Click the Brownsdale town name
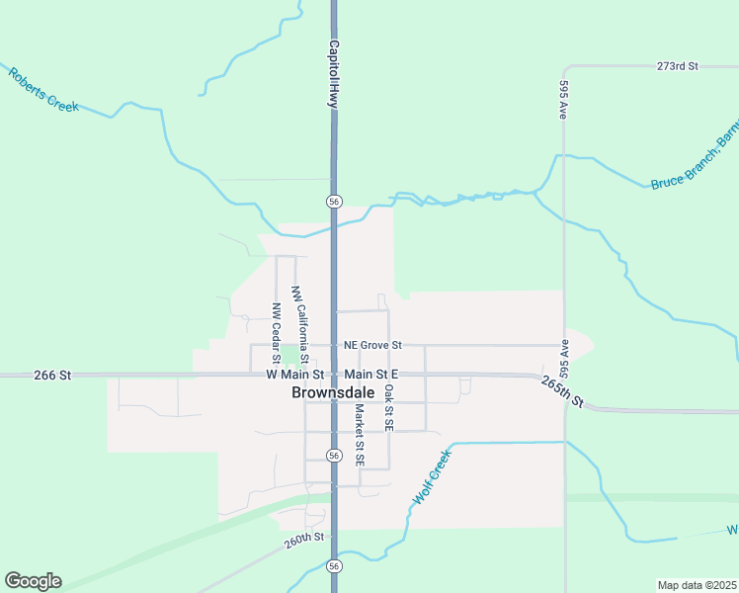coord(333,392)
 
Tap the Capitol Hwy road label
coord(334,74)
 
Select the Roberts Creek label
coord(43,89)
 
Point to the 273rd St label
coord(677,66)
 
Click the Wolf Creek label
coord(432,477)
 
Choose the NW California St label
coord(298,323)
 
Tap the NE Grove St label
coord(372,345)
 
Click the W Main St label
coord(294,375)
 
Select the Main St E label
coord(371,375)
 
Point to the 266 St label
coord(52,376)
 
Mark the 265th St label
coord(563,391)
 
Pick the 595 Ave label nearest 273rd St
coord(562,100)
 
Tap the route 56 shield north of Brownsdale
coord(335,201)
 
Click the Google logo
coord(33,581)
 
